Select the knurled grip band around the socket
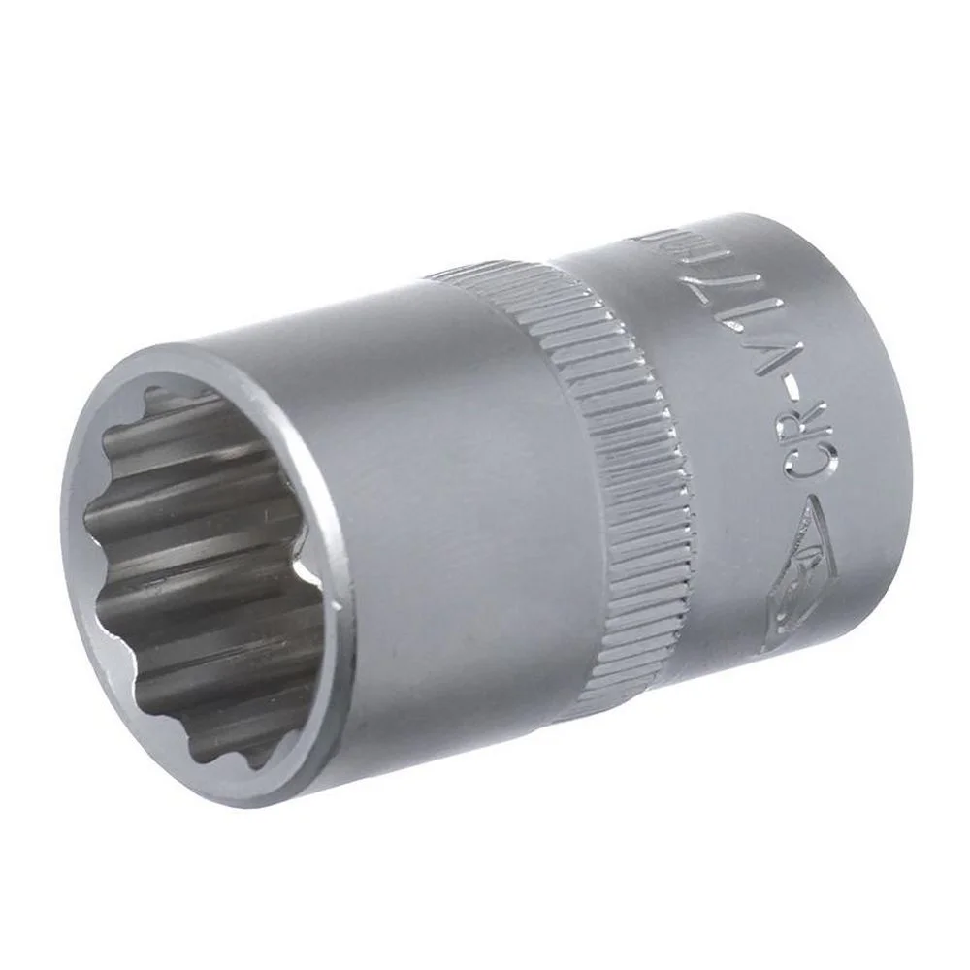click(x=621, y=456)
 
